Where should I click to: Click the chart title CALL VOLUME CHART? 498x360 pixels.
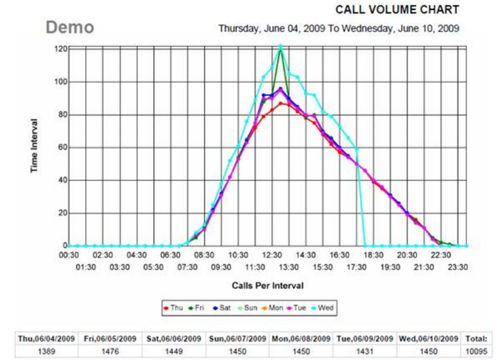(396, 10)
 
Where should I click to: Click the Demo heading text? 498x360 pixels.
(70, 28)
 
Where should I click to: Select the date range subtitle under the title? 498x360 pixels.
(338, 29)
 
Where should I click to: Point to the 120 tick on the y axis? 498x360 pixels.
(61, 49)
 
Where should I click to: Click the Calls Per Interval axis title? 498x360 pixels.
(268, 285)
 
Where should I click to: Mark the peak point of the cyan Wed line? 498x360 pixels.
(281, 46)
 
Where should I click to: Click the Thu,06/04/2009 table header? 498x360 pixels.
(46, 339)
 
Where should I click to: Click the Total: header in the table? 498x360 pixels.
(478, 339)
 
